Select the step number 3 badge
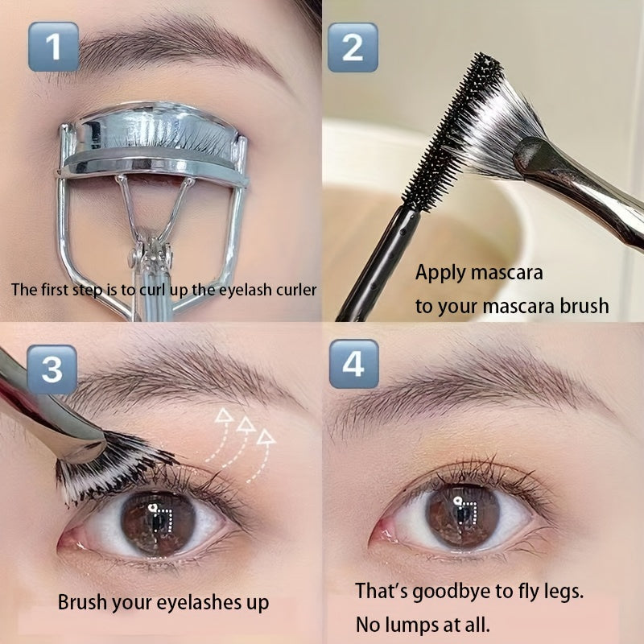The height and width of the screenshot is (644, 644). coord(52,369)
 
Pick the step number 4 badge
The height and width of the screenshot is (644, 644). coord(353,364)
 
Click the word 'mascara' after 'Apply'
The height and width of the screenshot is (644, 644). coord(507,273)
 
